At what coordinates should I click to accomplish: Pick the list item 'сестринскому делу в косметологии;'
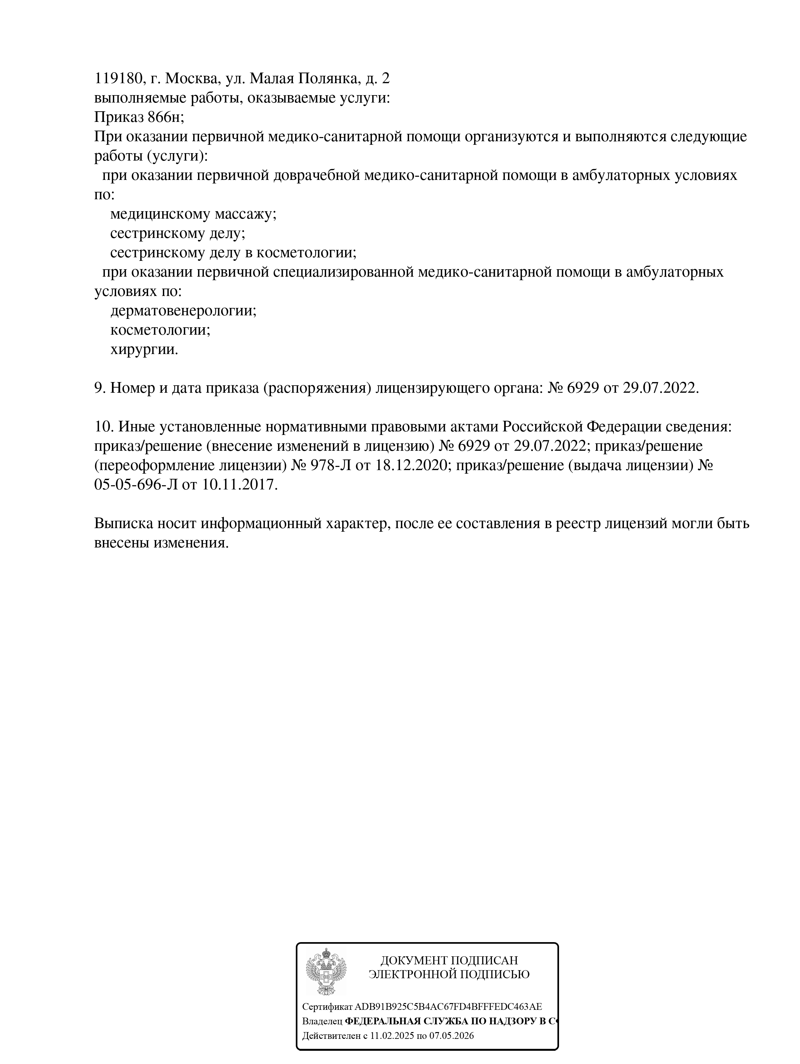233,252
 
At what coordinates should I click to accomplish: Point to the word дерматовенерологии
183,310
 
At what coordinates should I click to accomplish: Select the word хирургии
144,349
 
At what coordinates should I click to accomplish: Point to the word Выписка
123,523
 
